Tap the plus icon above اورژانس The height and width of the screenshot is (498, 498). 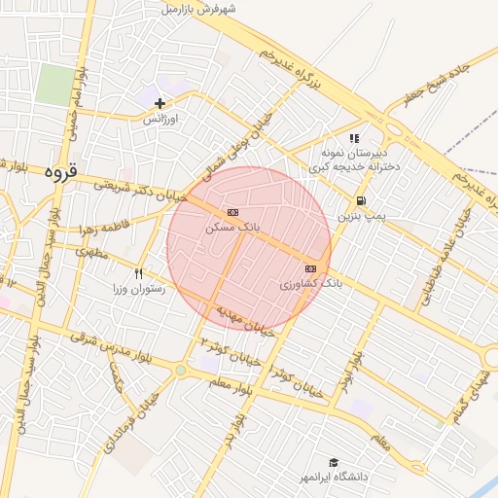(x=160, y=103)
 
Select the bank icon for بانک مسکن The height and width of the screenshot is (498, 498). (x=232, y=212)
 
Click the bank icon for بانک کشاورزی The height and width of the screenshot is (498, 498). (x=310, y=268)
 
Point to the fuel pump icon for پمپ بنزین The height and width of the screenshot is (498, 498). (x=361, y=201)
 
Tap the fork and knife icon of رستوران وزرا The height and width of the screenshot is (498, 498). (x=139, y=274)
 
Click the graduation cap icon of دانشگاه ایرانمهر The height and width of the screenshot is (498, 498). (x=334, y=463)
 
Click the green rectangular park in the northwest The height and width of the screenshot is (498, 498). (x=55, y=86)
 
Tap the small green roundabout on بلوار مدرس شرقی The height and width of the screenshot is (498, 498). (x=180, y=370)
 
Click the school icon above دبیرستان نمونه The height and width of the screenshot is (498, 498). (x=354, y=139)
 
